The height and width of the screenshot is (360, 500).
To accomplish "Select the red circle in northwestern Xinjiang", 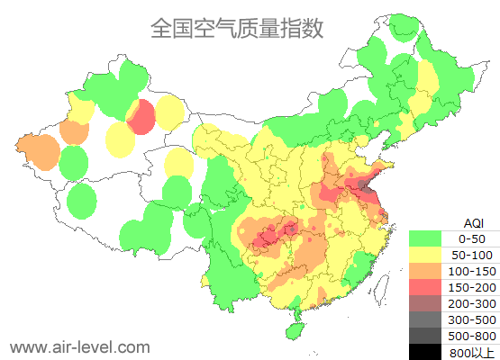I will pyautogui.click(x=141, y=117).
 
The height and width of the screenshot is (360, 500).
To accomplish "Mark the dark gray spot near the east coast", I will pyautogui.click(x=362, y=185).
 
